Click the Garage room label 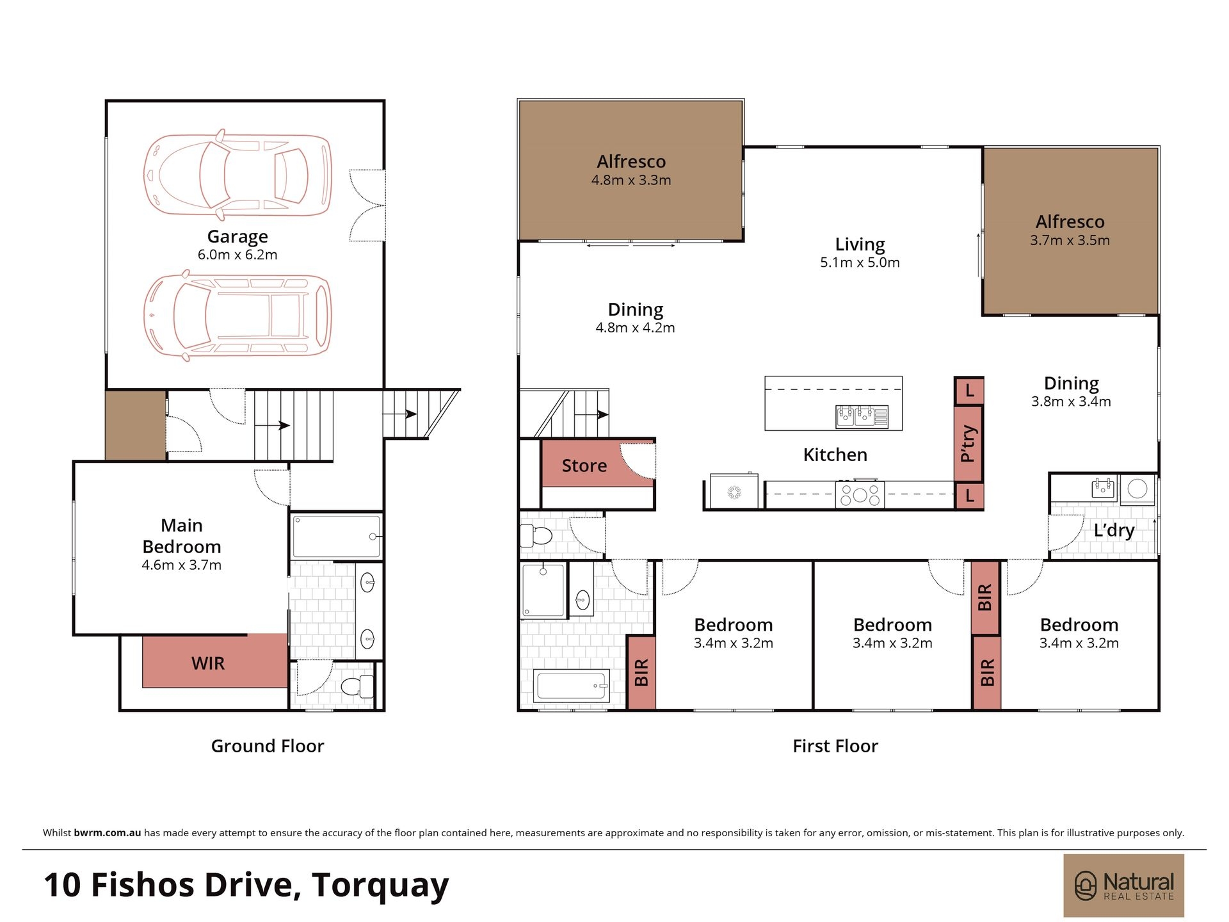coord(237,237)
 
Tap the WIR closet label coord(208,663)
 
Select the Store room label coord(584,465)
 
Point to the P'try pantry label coord(968,443)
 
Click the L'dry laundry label coord(1114,530)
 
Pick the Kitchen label coord(835,455)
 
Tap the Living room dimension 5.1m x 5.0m coord(860,263)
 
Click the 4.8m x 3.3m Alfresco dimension coord(631,181)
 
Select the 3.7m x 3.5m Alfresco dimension coord(1070,241)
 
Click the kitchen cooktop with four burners coord(860,494)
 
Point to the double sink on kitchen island coord(862,417)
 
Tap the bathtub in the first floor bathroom coord(572,686)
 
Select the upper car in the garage coord(237,174)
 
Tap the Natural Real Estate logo coord(1123,886)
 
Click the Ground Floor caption coord(268,746)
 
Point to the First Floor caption coord(835,746)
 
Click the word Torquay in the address coord(380,886)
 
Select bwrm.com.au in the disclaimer coord(108,833)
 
